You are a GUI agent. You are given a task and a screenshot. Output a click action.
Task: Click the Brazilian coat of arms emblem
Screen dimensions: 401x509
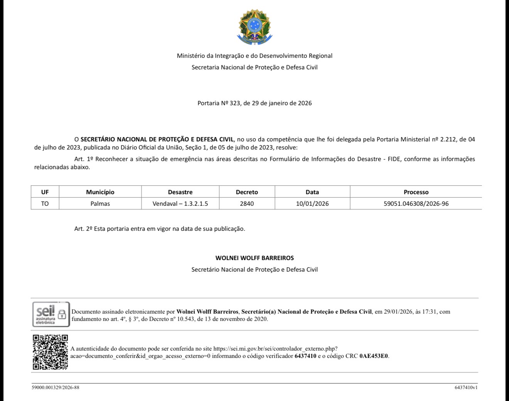coord(254,27)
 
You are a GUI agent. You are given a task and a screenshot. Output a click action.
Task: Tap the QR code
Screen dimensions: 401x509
coord(50,352)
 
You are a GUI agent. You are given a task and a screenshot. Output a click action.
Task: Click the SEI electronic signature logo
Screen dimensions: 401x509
coord(51,314)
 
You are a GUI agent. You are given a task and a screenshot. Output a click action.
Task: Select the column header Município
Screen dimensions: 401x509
coord(100,192)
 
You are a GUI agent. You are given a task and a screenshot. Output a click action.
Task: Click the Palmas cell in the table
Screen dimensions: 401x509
coord(100,203)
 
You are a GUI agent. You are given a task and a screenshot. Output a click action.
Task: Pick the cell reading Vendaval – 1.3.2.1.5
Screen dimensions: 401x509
coord(180,203)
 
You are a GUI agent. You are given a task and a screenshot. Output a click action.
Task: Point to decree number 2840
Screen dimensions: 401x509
coord(247,203)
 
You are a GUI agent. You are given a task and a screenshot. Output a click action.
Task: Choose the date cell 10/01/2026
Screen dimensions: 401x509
coord(312,203)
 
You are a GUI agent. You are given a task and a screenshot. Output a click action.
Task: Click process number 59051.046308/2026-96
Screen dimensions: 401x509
coord(416,203)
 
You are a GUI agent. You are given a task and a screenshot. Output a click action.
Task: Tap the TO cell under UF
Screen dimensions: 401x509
coord(45,203)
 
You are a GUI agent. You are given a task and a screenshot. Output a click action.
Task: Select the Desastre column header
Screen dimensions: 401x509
coord(180,192)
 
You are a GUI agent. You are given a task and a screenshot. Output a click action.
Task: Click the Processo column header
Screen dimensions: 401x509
coord(416,192)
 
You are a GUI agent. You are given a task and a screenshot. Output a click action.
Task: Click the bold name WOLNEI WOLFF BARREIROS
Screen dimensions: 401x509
coord(254,258)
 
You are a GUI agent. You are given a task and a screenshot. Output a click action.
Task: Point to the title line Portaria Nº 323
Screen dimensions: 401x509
coord(254,103)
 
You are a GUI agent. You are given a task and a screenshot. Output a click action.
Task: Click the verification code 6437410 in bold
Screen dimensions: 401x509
coord(305,356)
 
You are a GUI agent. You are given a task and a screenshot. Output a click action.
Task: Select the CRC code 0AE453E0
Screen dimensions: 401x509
coord(374,356)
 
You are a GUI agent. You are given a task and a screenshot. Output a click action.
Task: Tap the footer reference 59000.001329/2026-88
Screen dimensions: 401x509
coord(56,387)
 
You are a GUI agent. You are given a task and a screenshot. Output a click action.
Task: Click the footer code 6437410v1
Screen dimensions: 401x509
coord(466,387)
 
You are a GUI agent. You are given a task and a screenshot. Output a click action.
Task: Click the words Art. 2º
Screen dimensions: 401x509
coord(83,228)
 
